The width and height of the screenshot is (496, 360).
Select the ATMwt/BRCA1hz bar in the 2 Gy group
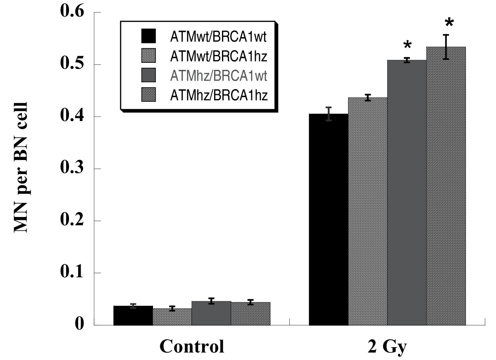click(367, 211)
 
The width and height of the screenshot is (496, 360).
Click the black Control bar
click(133, 315)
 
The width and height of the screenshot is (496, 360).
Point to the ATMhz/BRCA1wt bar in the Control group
click(211, 313)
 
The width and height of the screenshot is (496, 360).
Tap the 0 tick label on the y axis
click(79, 325)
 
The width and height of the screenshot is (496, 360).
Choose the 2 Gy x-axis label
click(387, 346)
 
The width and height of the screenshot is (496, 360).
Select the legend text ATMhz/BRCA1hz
click(219, 95)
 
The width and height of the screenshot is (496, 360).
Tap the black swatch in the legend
click(148, 36)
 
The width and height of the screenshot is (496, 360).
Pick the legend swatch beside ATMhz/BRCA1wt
click(148, 76)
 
